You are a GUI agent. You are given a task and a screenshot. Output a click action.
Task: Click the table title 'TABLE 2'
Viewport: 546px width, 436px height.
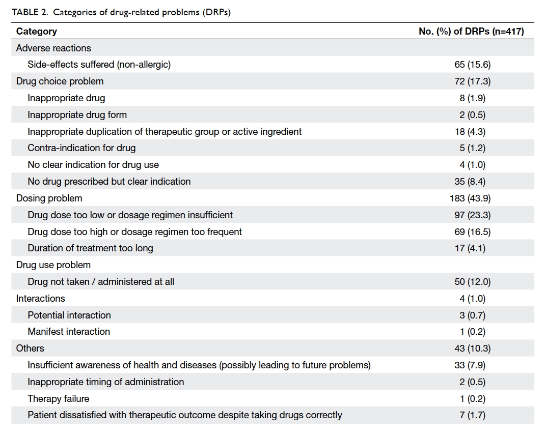point(30,12)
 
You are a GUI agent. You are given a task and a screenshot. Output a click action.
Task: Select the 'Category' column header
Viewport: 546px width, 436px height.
point(37,32)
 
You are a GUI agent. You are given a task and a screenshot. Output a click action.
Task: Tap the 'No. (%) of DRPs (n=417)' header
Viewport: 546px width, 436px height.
point(471,32)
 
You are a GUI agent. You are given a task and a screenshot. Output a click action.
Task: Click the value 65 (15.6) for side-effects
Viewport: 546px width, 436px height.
point(473,64)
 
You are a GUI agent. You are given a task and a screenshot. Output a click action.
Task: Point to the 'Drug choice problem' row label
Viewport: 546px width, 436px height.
point(60,81)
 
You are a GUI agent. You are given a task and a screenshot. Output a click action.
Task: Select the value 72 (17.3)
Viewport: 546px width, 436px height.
point(473,81)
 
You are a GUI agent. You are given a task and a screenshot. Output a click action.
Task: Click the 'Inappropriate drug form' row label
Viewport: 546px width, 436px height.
point(77,115)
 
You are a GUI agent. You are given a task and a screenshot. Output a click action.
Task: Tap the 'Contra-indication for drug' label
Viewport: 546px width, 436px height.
point(82,148)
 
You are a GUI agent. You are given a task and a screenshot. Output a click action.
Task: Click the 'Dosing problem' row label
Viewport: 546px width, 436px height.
point(49,198)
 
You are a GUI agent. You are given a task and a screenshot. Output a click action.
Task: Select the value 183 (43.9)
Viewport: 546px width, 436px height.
point(470,198)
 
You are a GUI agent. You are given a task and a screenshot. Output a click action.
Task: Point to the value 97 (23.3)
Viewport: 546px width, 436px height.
point(473,215)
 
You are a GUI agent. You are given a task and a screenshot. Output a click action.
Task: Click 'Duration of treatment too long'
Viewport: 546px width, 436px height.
point(91,248)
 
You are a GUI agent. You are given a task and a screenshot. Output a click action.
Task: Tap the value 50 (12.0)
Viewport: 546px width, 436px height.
point(473,282)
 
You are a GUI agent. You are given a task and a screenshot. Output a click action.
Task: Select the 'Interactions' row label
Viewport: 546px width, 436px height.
point(40,298)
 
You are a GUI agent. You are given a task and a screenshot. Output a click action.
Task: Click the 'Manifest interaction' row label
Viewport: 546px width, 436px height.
point(69,332)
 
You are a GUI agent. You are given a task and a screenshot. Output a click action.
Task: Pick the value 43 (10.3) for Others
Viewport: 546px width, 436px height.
point(473,348)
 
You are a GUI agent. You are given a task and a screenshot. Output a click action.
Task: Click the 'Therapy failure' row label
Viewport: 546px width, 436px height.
point(59,398)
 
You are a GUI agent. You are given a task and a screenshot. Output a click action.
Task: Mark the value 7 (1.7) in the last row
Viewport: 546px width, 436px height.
point(473,415)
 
